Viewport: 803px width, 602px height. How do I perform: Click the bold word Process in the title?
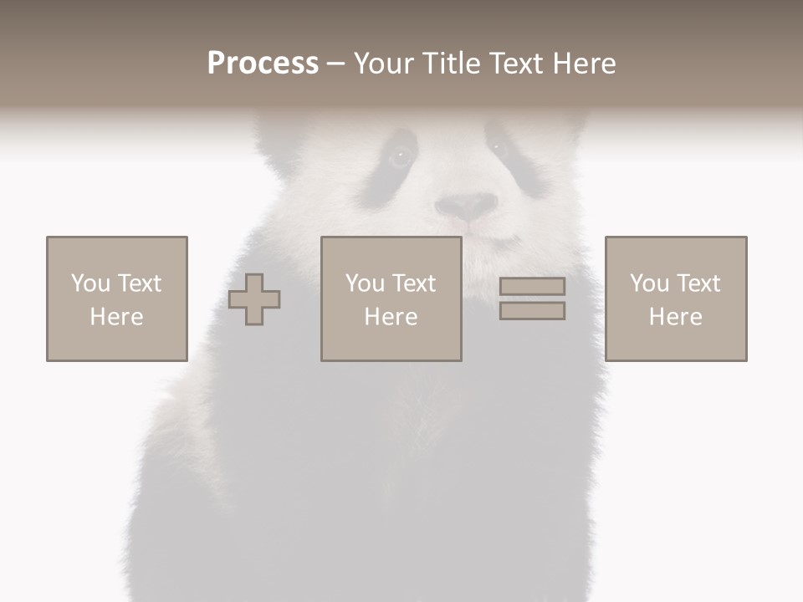pos(263,64)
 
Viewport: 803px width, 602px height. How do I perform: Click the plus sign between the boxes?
pos(254,299)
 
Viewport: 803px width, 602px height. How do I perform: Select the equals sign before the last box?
pos(532,298)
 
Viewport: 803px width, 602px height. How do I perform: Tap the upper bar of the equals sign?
pos(532,287)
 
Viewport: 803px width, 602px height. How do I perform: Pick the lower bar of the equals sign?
pos(532,311)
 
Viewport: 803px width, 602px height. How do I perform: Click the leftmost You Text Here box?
pos(117,298)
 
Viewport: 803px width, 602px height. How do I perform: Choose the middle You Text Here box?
pos(391,298)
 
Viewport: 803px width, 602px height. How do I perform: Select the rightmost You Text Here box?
pos(676,298)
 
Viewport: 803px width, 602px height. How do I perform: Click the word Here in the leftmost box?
pos(116,317)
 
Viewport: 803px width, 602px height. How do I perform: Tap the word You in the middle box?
pos(365,283)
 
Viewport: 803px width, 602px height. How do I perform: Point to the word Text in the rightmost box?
pos(698,283)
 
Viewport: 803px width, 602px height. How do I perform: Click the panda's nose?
pos(467,206)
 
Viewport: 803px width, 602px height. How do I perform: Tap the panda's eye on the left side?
pos(400,156)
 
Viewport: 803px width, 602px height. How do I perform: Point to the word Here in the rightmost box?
pos(675,317)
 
